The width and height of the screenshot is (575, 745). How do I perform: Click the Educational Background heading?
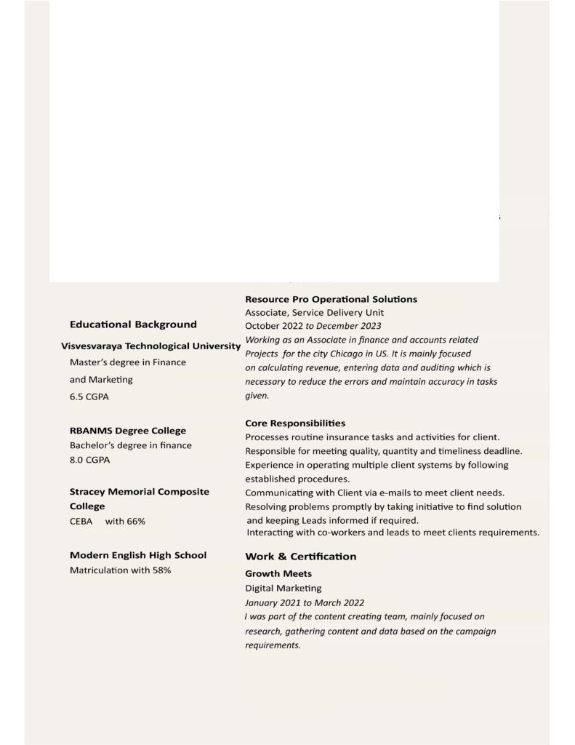click(x=133, y=324)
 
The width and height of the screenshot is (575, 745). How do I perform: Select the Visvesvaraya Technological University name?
click(x=151, y=346)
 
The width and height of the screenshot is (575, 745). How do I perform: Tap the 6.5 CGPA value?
click(x=90, y=398)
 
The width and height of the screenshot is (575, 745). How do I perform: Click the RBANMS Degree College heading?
click(x=128, y=431)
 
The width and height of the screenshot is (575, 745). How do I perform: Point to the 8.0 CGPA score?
click(x=90, y=461)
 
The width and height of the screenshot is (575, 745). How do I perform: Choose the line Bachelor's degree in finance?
click(x=131, y=445)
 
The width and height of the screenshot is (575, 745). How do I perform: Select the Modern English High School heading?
click(x=138, y=555)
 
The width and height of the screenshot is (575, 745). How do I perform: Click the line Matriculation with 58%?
click(x=121, y=570)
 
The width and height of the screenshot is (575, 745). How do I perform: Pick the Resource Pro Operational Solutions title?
click(x=331, y=299)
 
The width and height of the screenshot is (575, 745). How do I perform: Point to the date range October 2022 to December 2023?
click(x=313, y=326)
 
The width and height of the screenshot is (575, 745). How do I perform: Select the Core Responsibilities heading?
click(x=295, y=423)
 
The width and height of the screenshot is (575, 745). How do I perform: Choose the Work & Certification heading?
click(x=300, y=557)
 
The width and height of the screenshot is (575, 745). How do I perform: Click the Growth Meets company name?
click(x=278, y=574)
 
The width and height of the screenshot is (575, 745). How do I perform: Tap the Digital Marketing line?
click(x=283, y=588)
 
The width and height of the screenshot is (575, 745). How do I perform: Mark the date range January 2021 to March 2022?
click(x=305, y=602)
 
